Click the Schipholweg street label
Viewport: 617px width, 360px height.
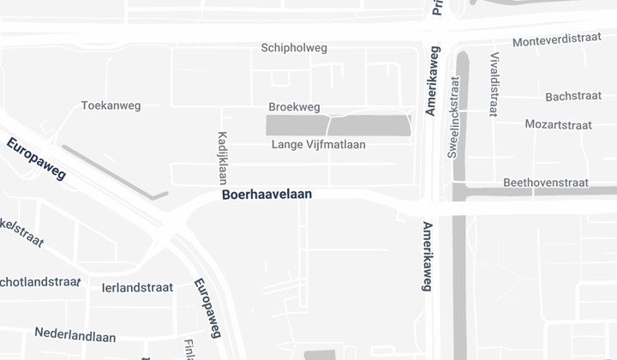[294, 48]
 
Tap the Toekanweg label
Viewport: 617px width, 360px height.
[111, 105]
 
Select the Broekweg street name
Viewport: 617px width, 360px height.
[294, 107]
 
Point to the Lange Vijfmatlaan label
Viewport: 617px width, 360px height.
[318, 144]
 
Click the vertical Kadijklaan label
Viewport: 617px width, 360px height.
[222, 157]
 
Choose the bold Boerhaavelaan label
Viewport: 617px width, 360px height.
[267, 195]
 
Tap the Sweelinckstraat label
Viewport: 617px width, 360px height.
[454, 117]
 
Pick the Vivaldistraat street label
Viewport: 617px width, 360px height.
[494, 84]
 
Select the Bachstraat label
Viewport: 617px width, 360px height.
[571, 96]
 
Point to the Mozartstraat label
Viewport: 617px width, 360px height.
[558, 124]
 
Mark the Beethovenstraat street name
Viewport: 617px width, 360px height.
[545, 183]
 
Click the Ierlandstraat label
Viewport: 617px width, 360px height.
[137, 288]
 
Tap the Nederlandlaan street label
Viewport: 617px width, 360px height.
[75, 333]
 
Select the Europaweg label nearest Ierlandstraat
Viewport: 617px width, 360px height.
[208, 308]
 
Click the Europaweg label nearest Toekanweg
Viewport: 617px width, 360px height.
[36, 159]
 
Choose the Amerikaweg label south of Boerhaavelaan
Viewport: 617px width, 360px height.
[427, 256]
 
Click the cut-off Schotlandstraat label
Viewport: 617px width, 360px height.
[39, 281]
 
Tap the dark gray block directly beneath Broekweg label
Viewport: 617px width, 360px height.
[297, 126]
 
